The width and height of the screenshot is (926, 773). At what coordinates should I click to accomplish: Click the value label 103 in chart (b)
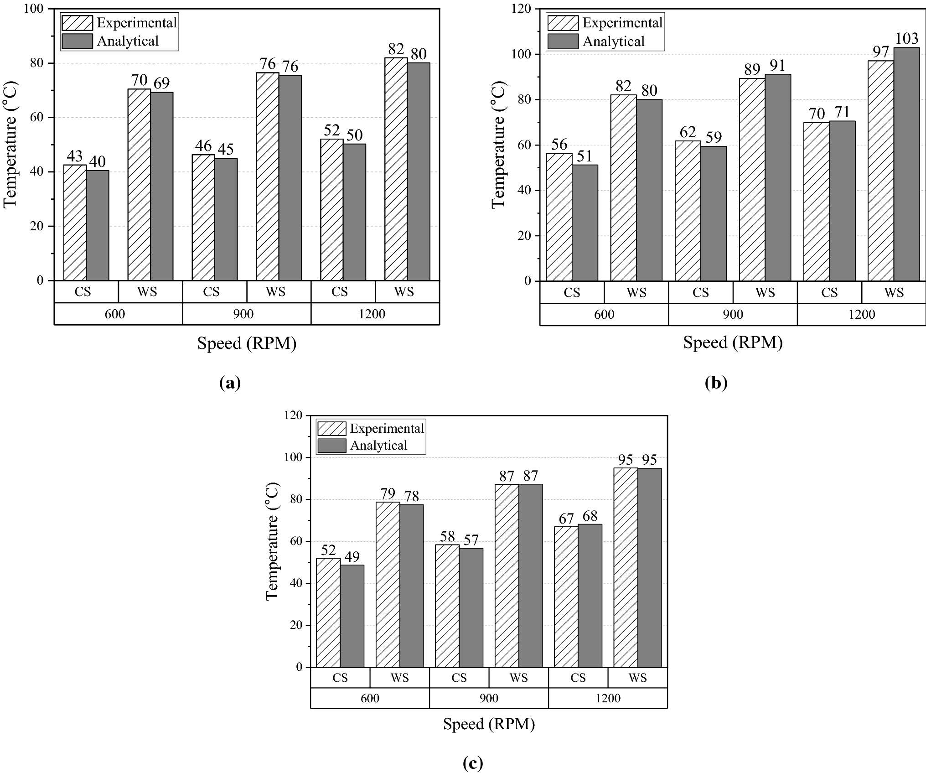[906, 39]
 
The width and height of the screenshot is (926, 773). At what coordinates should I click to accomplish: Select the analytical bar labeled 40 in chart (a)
[98, 225]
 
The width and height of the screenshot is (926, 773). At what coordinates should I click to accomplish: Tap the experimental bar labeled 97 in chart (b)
[880, 171]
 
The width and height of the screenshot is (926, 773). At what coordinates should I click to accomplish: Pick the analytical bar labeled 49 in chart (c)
[352, 616]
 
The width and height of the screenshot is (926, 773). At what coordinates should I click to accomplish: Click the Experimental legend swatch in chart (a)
[77, 23]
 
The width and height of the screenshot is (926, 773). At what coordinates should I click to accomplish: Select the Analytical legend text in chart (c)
[378, 446]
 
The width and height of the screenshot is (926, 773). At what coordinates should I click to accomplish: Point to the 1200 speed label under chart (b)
[862, 315]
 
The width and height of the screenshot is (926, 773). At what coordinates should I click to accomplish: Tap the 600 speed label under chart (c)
[370, 698]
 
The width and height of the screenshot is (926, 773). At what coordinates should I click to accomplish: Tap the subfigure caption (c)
[473, 763]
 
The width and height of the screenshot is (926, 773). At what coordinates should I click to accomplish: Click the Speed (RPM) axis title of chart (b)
[733, 342]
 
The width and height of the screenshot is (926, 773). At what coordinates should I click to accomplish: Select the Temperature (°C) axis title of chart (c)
[272, 541]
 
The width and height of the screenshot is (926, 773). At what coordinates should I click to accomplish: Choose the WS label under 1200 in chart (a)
[404, 292]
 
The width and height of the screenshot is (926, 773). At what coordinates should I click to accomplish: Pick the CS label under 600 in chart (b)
[572, 292]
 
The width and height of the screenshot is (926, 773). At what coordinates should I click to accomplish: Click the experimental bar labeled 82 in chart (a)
[396, 169]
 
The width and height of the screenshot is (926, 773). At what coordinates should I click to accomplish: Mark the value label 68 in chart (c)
[590, 516]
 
